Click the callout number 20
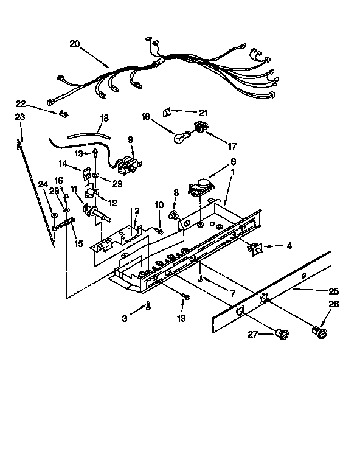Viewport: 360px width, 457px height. click(x=75, y=43)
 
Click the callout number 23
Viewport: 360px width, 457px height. click(x=20, y=117)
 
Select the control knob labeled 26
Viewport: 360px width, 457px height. click(x=320, y=332)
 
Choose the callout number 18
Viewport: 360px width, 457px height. click(x=104, y=117)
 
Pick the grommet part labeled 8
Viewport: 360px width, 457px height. click(x=175, y=214)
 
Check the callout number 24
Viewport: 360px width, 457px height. click(x=43, y=184)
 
